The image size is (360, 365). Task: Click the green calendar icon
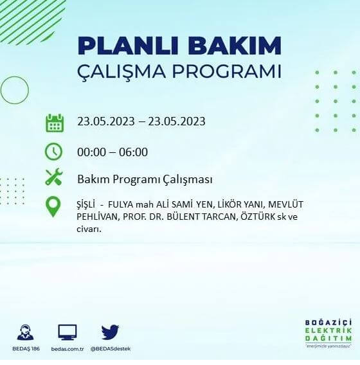point(55,122)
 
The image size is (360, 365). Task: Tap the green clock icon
point(53,152)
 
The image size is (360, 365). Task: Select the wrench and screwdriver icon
point(54,178)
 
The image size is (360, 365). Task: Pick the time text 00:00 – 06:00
point(113,152)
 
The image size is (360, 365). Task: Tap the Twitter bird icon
point(111,332)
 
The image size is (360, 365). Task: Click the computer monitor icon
point(67,332)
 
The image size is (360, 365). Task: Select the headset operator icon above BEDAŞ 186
point(25,332)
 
